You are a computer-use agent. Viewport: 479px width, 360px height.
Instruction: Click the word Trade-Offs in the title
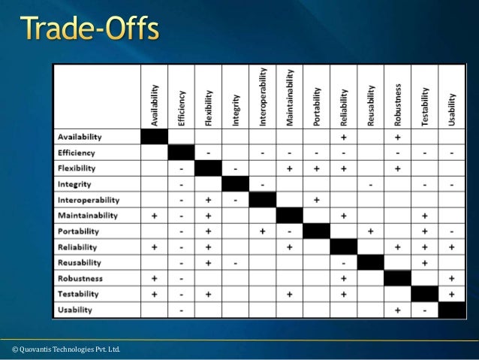89,31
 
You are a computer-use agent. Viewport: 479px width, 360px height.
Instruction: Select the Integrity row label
74,183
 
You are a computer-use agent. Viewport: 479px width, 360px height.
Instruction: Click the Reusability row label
80,262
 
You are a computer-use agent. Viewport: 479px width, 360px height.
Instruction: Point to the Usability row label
75,310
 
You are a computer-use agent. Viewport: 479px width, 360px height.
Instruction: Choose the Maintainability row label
88,215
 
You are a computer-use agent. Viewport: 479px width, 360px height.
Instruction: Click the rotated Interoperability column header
263,97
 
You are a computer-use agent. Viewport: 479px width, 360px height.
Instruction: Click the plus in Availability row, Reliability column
344,137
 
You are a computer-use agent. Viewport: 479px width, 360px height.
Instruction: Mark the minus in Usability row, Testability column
425,310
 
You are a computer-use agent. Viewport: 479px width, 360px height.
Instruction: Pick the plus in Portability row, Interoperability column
263,231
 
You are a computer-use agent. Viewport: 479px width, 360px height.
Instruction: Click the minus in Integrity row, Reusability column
371,184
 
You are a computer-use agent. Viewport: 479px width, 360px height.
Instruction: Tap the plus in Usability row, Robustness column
398,310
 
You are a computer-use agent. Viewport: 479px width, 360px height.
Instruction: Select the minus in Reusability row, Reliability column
344,262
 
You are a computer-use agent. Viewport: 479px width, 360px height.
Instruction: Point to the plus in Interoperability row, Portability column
317,200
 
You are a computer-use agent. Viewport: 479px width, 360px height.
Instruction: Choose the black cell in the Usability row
452,310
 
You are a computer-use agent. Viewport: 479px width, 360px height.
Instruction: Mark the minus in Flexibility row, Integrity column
236,168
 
